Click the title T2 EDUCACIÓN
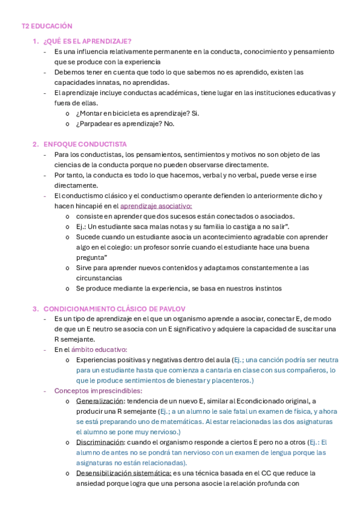pyautogui.click(x=47, y=26)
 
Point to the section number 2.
pyautogui.click(x=35, y=144)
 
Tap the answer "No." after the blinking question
pyautogui.click(x=169, y=124)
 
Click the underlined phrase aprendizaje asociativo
pyautogui.click(x=156, y=206)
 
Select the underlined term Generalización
pyautogui.click(x=100, y=401)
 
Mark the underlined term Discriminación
pyautogui.click(x=101, y=442)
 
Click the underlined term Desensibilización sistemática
pyautogui.click(x=124, y=473)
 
